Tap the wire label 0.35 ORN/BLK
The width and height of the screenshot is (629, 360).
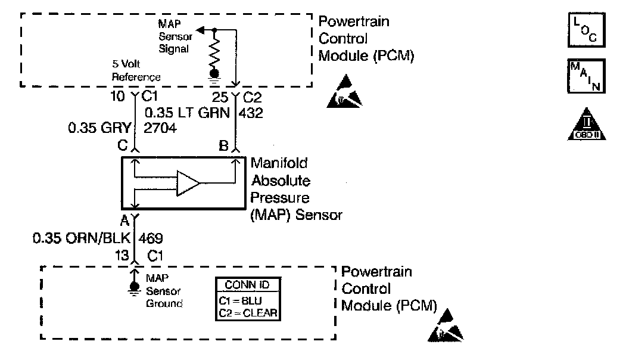pos(83,238)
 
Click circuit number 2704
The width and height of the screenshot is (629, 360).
pos(160,127)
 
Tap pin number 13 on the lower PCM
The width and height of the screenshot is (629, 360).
pos(121,255)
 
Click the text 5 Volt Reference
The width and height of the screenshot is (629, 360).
pos(136,70)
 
